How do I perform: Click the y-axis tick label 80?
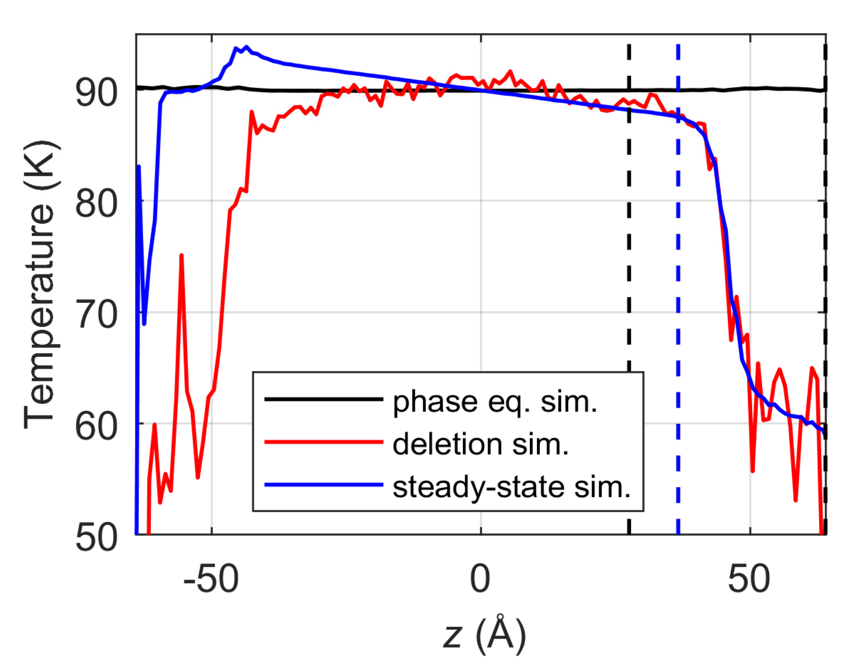pos(96,204)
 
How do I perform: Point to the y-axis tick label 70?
pos(96,315)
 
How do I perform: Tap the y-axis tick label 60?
pos(96,427)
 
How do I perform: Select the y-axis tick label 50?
pos(96,538)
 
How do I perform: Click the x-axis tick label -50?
pos(211,579)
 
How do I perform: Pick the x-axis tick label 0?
pos(480,579)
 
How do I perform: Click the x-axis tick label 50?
pos(749,579)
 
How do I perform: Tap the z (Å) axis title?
pos(484,635)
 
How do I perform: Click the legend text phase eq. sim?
pos(495,401)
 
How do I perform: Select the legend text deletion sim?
pos(480,444)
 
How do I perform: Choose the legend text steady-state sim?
pos(511,487)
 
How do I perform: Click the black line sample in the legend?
pos(323,399)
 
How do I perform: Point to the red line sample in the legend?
pos(323,442)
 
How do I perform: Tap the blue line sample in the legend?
pos(323,484)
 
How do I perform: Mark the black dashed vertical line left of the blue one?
pos(629,237)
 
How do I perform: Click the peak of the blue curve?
pos(246,47)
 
